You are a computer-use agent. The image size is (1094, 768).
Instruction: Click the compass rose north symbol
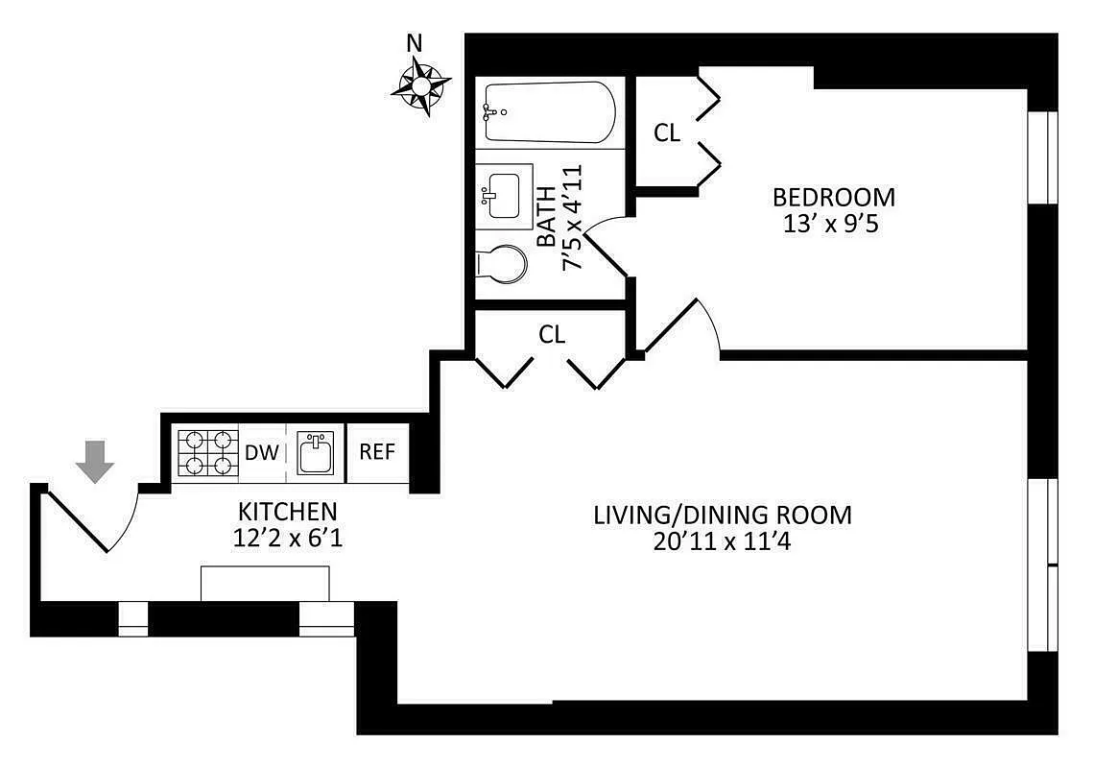pos(421,84)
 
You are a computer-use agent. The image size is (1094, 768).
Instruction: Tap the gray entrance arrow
pos(95,460)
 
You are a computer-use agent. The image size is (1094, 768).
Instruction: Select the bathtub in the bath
pos(548,112)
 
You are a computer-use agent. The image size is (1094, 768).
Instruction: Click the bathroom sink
pos(504,195)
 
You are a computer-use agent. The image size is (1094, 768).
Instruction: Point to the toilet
pos(502,264)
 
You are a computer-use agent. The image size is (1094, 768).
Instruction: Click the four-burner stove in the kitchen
pos(206,452)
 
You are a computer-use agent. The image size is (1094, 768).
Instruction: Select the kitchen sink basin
pos(315,452)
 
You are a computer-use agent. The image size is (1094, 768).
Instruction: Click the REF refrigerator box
pos(377,452)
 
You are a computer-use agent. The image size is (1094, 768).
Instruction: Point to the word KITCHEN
pos(288,511)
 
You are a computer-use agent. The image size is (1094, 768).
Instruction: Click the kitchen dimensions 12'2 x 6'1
pos(288,539)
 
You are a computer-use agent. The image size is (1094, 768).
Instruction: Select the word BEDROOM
pos(834,198)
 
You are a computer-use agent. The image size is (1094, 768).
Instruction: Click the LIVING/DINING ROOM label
pos(722,516)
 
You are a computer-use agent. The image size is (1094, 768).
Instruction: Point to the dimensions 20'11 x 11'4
pos(722,543)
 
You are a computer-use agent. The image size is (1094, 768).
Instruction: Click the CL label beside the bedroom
pos(667,133)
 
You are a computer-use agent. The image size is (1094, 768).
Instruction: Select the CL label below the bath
pos(552,334)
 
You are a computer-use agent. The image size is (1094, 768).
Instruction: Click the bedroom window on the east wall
pos(1042,157)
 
